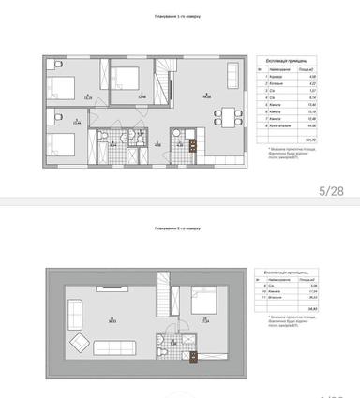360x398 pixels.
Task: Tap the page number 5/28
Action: tap(333, 191)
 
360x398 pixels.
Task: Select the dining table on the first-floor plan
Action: tap(225, 115)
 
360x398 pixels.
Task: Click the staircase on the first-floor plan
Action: tap(165, 81)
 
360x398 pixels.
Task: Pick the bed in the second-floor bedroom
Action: tap(201, 305)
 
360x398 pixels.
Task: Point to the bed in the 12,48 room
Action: tap(127, 73)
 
